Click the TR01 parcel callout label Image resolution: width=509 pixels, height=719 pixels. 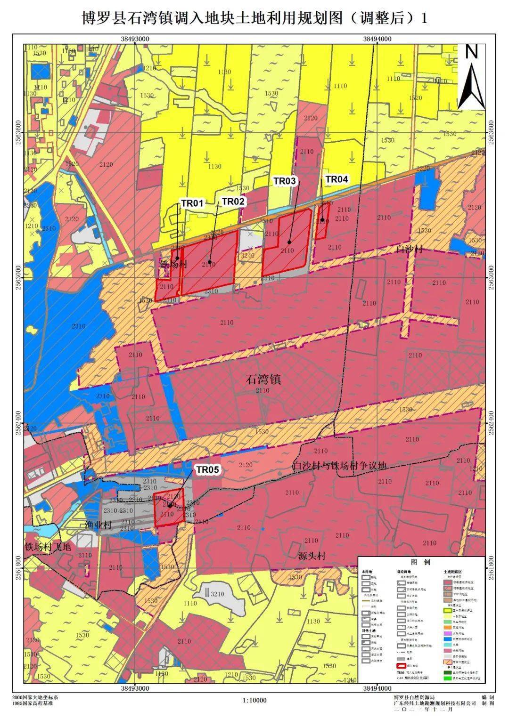point(192,203)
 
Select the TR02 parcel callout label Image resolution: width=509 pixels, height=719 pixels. point(233,202)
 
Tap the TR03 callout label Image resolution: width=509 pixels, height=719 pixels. point(285,181)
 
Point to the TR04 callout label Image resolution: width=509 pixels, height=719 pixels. point(337,179)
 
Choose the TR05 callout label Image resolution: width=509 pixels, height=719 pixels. point(208,469)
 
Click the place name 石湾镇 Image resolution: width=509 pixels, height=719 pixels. point(263,380)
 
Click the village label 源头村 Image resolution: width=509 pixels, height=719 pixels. point(312,556)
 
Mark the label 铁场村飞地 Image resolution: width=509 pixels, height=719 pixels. point(48,547)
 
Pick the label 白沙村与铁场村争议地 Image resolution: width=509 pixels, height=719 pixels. point(339,466)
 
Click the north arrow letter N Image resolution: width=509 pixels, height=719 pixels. point(471,52)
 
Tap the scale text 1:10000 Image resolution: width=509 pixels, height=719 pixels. point(254,700)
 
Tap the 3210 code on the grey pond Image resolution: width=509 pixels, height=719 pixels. point(217,594)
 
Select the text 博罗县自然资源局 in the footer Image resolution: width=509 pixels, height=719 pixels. point(414,697)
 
